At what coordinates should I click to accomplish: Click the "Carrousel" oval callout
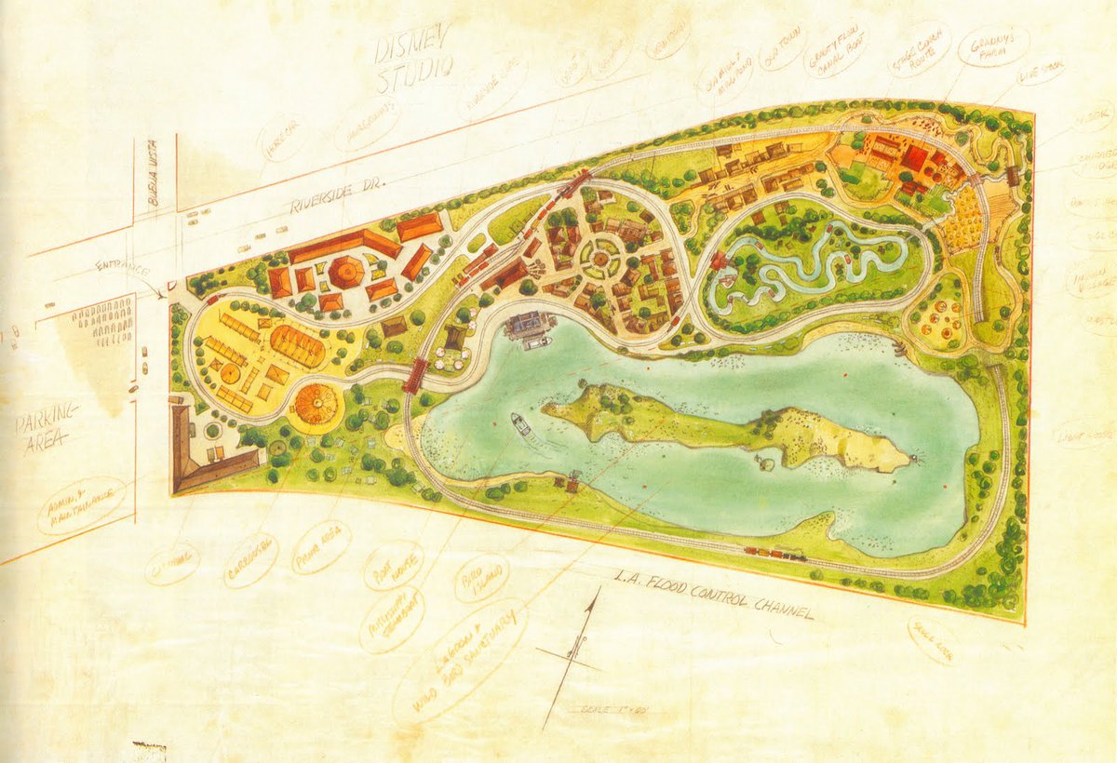251,559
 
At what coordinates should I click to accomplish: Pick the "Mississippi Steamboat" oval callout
393,618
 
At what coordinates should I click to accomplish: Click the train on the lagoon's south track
774,553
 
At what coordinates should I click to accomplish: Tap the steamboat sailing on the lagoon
522,424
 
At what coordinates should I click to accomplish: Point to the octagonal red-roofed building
346,272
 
